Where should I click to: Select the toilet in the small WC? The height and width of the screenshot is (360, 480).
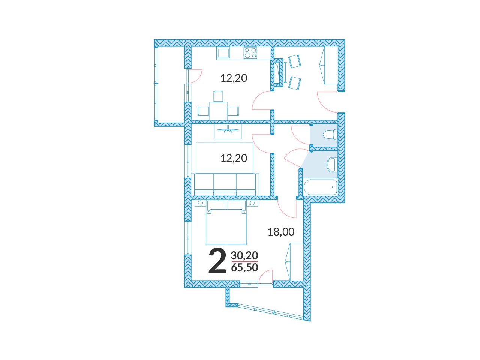[330, 134]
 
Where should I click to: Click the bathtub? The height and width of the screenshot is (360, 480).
[321, 187]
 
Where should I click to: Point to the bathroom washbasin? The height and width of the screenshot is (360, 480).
[332, 165]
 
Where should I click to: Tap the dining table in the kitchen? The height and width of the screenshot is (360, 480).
[218, 111]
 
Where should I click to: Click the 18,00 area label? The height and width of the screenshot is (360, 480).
[281, 232]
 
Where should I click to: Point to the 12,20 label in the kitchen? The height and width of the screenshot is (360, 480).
[234, 78]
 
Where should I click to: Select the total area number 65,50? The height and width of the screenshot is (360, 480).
[244, 267]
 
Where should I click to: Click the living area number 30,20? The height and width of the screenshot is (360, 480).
[244, 255]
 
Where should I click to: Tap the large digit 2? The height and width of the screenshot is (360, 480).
[217, 261]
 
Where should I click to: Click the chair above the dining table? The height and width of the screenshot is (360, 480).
[218, 96]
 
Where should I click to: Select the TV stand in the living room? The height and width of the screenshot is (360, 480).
[228, 131]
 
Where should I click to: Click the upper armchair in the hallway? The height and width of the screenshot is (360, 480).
[294, 61]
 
